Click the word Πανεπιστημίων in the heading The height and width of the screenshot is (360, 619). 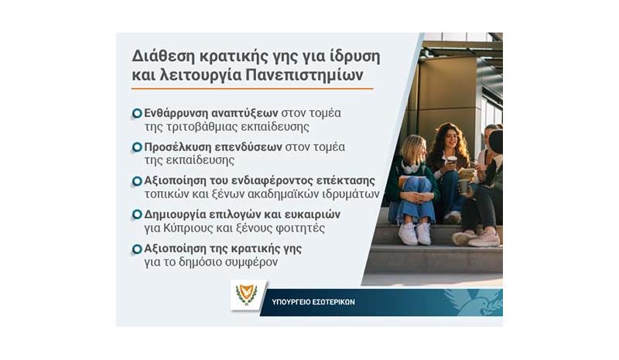click(x=304, y=75)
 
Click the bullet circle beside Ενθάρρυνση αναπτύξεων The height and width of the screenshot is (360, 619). click(x=137, y=113)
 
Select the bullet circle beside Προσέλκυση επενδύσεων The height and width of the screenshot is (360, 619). click(x=137, y=147)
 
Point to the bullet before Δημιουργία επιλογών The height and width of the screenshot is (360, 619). click(x=137, y=214)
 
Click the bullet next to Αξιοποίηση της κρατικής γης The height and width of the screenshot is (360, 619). click(x=137, y=249)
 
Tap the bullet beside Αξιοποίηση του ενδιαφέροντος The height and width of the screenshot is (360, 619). click(x=137, y=181)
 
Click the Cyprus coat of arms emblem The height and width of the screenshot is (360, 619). click(x=246, y=296)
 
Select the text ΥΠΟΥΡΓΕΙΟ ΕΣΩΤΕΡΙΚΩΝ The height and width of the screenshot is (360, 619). click(x=313, y=302)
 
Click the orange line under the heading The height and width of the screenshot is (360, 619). click(x=252, y=89)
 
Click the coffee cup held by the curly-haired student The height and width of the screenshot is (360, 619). click(x=452, y=162)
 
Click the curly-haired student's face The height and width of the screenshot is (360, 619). click(x=451, y=141)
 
